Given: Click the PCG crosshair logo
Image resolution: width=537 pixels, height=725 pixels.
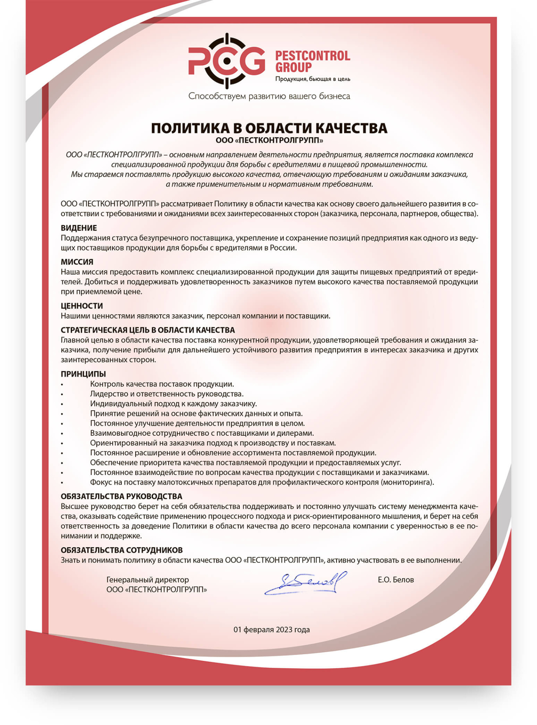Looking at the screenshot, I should coord(227,61).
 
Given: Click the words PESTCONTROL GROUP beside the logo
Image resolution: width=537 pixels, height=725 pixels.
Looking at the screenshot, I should coord(312,61).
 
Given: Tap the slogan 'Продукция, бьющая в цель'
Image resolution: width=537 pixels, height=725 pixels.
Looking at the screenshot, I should coord(312,79).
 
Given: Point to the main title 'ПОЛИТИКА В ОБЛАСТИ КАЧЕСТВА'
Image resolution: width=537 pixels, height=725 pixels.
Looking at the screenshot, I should coord(269,128).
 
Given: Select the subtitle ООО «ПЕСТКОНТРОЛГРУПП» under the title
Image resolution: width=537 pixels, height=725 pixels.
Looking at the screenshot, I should coord(269,140).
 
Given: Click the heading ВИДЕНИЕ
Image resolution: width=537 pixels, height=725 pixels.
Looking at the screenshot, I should coord(79,228).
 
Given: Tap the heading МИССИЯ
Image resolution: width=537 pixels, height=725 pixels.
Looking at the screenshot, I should coord(77,262).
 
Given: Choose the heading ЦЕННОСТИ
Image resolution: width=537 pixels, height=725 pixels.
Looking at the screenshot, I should coord(82,306).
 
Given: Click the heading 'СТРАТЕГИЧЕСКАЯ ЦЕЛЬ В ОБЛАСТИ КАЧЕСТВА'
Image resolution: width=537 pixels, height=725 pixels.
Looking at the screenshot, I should coord(148,330).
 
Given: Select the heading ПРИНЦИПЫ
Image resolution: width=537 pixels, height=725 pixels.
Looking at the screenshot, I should coord(83,374).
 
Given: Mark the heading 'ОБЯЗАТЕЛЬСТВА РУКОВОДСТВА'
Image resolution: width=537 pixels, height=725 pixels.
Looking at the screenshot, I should coord(121,496).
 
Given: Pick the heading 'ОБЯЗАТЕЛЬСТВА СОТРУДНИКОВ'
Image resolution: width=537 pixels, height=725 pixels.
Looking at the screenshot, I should coord(121,550).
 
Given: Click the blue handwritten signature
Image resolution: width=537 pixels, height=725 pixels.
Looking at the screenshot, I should coord(305,583).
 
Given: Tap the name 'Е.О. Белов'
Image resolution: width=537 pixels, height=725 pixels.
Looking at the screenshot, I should coord(396,580).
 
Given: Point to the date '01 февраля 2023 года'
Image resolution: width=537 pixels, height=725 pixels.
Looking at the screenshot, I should coord(272,629).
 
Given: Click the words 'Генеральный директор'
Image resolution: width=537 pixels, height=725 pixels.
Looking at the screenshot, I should coord(148,580).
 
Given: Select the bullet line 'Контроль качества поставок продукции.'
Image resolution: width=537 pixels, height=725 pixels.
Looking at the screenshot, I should coord(162,384).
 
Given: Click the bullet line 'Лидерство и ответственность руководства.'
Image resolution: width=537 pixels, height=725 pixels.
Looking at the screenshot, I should coord(167,394).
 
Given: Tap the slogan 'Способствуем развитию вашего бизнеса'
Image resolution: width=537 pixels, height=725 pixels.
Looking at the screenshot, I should coord(269,96).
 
